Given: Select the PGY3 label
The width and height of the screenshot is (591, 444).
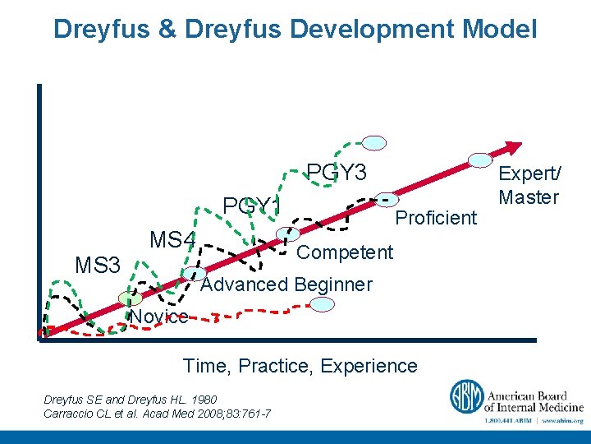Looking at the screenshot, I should tap(337, 173).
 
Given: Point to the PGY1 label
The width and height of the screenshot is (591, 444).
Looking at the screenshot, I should tap(252, 205).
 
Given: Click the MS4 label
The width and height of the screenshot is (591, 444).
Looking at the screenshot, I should tap(172, 240).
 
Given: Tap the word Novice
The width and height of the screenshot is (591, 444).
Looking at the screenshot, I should tap(158, 317).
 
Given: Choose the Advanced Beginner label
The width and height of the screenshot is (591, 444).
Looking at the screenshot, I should tap(286, 284).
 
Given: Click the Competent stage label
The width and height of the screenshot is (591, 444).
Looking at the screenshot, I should tap(345, 252).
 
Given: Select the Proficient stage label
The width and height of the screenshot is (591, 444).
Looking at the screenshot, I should tap(436, 218).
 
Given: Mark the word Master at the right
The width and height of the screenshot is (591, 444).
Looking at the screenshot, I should tap(529, 197).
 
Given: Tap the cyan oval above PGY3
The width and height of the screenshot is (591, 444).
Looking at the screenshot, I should tap(374, 142).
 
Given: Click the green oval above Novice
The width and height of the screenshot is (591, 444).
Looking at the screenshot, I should tap(129, 298).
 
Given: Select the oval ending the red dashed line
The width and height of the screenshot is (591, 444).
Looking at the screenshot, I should tap(323, 304).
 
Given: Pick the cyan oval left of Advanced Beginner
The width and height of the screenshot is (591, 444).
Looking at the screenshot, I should tap(195, 274).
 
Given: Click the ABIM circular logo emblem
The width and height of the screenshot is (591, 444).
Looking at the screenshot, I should tap(465, 397).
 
